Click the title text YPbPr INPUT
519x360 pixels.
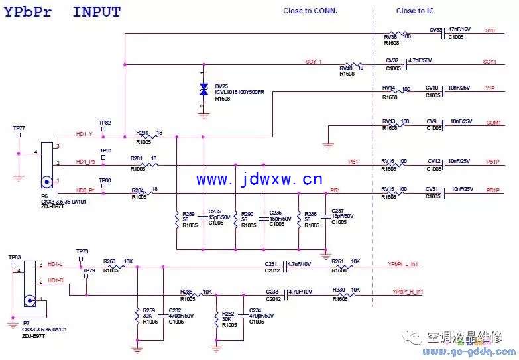point(63,11)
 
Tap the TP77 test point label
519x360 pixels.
point(19,127)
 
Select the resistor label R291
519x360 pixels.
point(142,133)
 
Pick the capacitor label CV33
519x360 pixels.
point(435,30)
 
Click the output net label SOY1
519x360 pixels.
point(490,62)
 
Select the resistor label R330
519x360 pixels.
point(339,289)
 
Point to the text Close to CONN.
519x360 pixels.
point(310,11)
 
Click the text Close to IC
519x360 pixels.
point(415,11)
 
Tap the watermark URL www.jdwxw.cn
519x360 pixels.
point(259,180)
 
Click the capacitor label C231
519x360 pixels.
point(271,263)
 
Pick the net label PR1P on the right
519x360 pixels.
point(492,190)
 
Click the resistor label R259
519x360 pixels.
point(149,310)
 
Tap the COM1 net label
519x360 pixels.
point(493,123)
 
